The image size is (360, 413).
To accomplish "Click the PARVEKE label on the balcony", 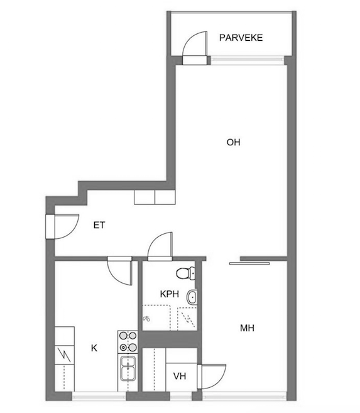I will point(241,38).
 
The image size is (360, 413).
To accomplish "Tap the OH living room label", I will point(234,143).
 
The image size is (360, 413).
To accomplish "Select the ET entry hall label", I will point(99,225).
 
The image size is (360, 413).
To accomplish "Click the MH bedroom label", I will point(247,328).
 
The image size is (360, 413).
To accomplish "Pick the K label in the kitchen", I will point(94,348).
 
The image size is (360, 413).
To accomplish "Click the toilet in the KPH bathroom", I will point(185,273).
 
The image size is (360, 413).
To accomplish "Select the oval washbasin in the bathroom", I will point(192,298).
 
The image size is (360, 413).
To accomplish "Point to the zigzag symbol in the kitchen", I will point(64,356).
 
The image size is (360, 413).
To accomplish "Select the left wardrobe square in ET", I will point(144,197).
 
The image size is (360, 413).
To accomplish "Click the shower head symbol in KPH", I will point(146,318).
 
